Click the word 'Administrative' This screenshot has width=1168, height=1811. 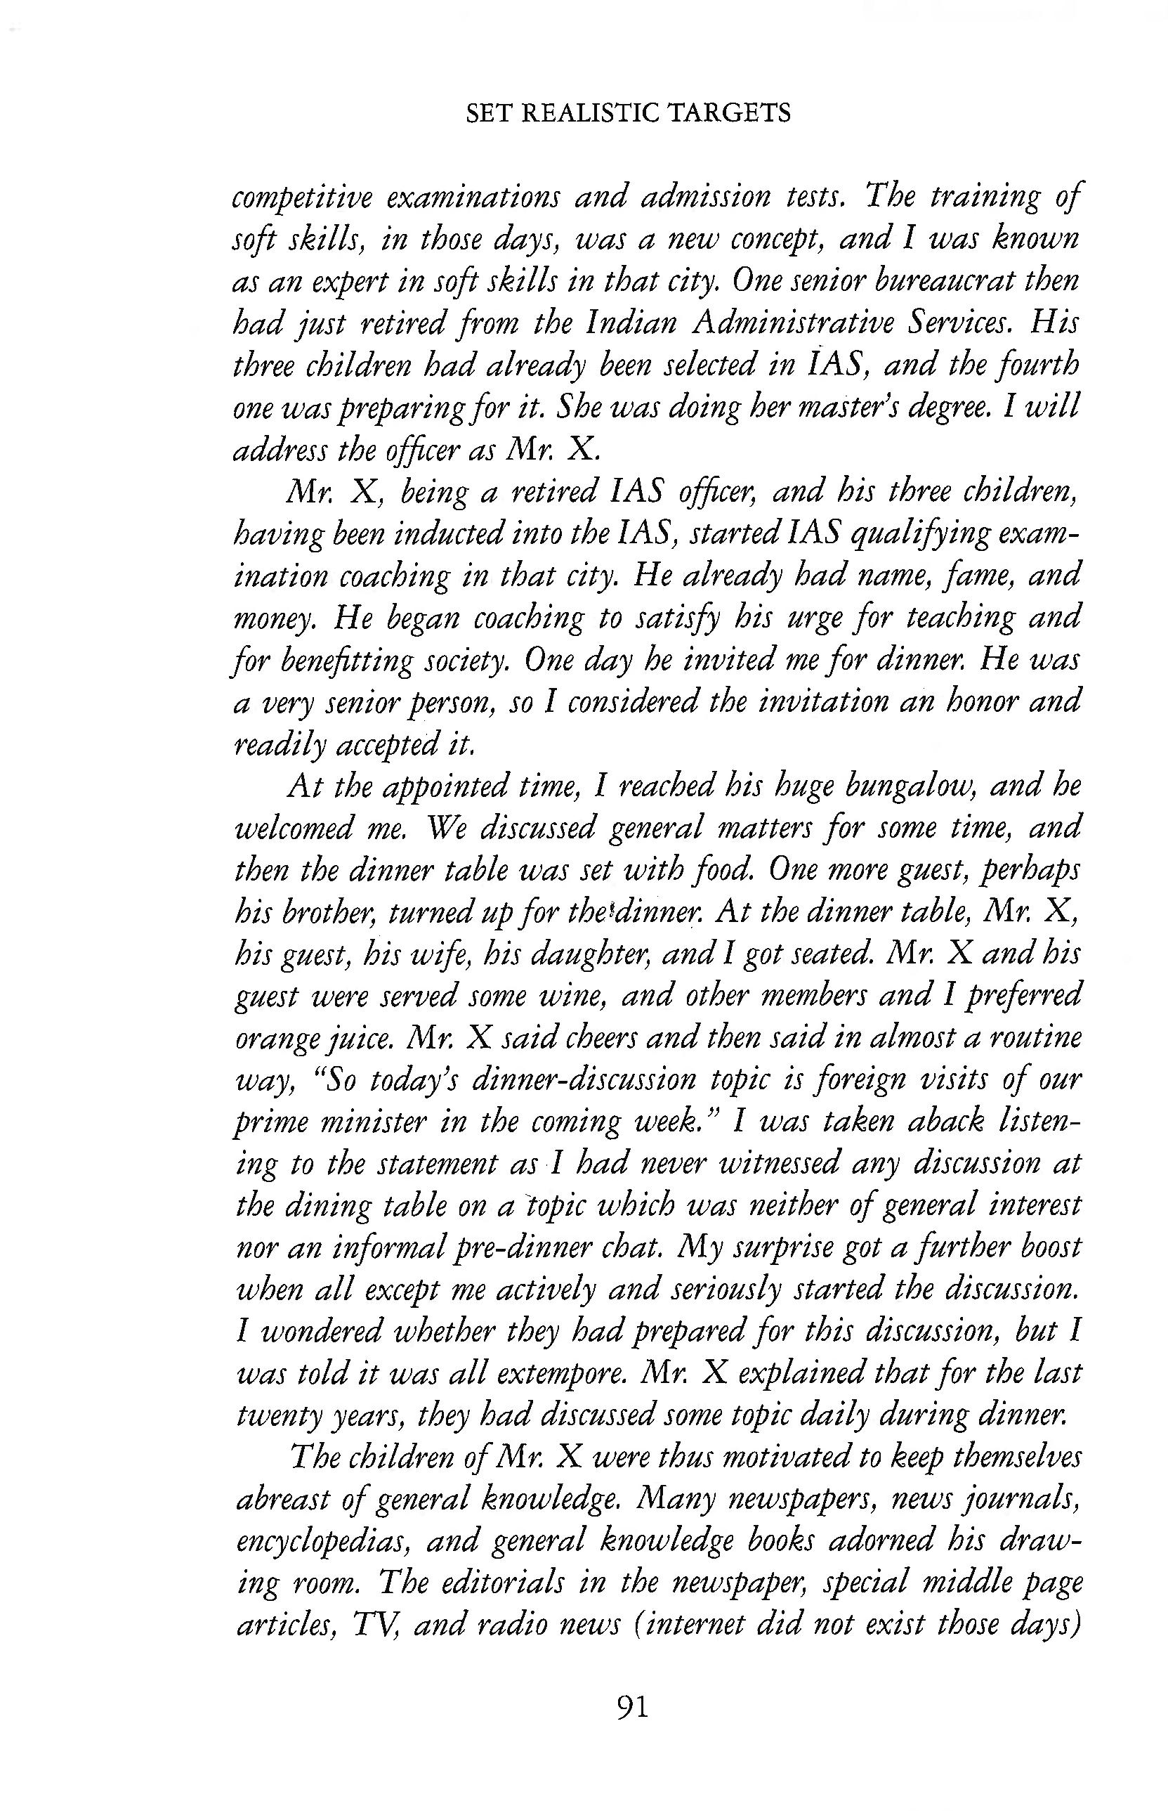pyautogui.click(x=800, y=325)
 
